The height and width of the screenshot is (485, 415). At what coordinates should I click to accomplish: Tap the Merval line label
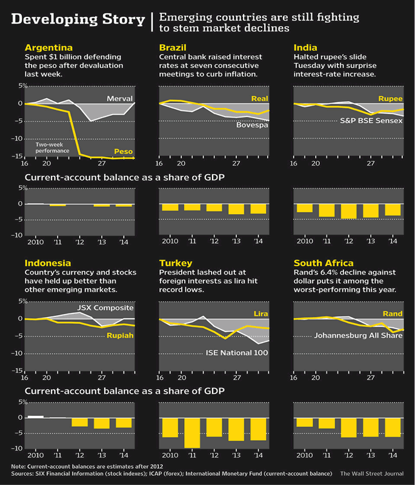pyautogui.click(x=119, y=98)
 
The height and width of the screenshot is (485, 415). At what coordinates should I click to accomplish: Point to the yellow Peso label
pyautogui.click(x=124, y=152)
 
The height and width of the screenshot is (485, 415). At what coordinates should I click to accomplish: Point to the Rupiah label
pyautogui.click(x=119, y=335)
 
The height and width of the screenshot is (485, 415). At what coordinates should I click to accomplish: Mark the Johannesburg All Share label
pyautogui.click(x=358, y=335)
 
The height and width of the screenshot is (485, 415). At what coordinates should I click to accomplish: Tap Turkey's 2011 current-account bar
pyautogui.click(x=192, y=433)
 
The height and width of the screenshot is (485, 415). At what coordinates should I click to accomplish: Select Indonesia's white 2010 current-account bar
pyautogui.click(x=36, y=416)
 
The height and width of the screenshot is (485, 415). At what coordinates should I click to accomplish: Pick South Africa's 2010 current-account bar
pyautogui.click(x=305, y=422)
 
